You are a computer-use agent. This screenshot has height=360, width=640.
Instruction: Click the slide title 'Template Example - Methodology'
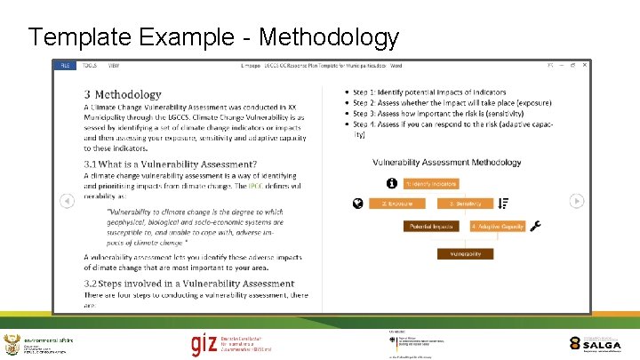click(213, 37)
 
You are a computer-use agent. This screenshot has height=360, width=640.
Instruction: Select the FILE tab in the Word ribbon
click(65, 66)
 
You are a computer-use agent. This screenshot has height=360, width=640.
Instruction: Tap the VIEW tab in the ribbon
click(114, 66)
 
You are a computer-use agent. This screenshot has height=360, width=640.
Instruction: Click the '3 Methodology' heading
click(123, 93)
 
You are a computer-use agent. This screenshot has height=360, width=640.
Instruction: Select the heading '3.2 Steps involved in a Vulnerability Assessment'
click(189, 284)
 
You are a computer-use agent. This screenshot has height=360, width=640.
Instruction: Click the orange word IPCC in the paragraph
click(280, 186)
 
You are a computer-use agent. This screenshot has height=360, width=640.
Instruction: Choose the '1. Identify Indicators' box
click(431, 184)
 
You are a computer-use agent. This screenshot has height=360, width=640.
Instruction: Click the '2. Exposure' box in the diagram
click(396, 204)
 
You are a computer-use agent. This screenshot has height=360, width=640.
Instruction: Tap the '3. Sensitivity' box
click(465, 204)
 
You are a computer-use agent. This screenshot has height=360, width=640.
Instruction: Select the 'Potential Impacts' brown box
click(431, 227)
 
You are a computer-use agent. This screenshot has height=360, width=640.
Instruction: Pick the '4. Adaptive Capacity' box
click(498, 227)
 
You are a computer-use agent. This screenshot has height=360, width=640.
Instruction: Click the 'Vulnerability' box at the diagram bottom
click(465, 254)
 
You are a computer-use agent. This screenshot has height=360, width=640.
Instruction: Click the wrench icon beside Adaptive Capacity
click(535, 226)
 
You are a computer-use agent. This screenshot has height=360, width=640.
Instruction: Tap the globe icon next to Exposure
click(357, 204)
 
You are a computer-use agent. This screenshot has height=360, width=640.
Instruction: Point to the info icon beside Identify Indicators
click(392, 183)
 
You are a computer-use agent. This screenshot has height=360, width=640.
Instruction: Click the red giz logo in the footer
click(204, 343)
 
